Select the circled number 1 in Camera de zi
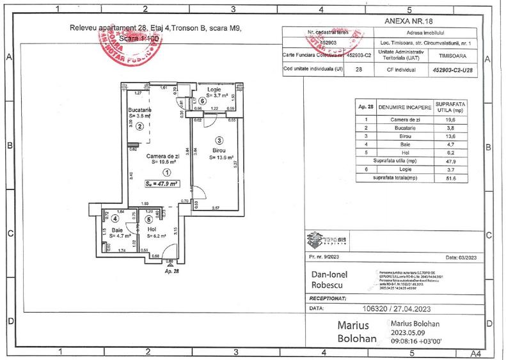pyautogui.click(x=167, y=171)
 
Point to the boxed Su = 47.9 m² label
pyautogui.click(x=161, y=184)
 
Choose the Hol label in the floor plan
pyautogui.click(x=152, y=228)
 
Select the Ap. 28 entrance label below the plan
pyautogui.click(x=171, y=271)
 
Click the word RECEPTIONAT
pyautogui.click(x=328, y=298)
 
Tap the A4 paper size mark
pyautogui.click(x=475, y=352)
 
